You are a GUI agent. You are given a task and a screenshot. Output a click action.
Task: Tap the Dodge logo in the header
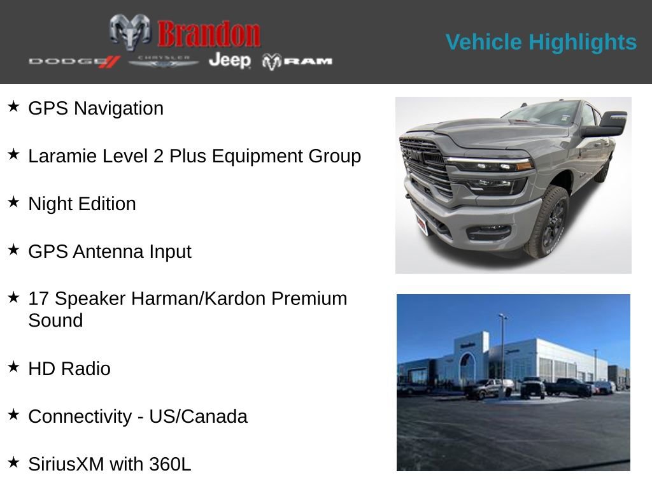(x=74, y=61)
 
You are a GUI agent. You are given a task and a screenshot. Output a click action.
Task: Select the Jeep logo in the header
(x=230, y=60)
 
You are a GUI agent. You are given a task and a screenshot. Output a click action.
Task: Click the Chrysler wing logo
(x=164, y=61)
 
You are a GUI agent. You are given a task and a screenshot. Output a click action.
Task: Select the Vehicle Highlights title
(x=541, y=42)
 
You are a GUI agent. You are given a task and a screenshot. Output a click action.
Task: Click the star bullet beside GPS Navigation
(x=13, y=106)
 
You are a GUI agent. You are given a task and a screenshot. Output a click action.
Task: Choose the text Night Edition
(x=82, y=204)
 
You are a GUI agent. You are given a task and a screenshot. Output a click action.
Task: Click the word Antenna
(x=108, y=252)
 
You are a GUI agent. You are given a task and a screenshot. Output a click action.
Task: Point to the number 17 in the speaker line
(x=38, y=299)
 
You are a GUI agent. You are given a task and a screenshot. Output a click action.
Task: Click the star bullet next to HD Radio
(x=13, y=366)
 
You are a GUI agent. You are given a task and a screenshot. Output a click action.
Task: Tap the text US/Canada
(x=198, y=416)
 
